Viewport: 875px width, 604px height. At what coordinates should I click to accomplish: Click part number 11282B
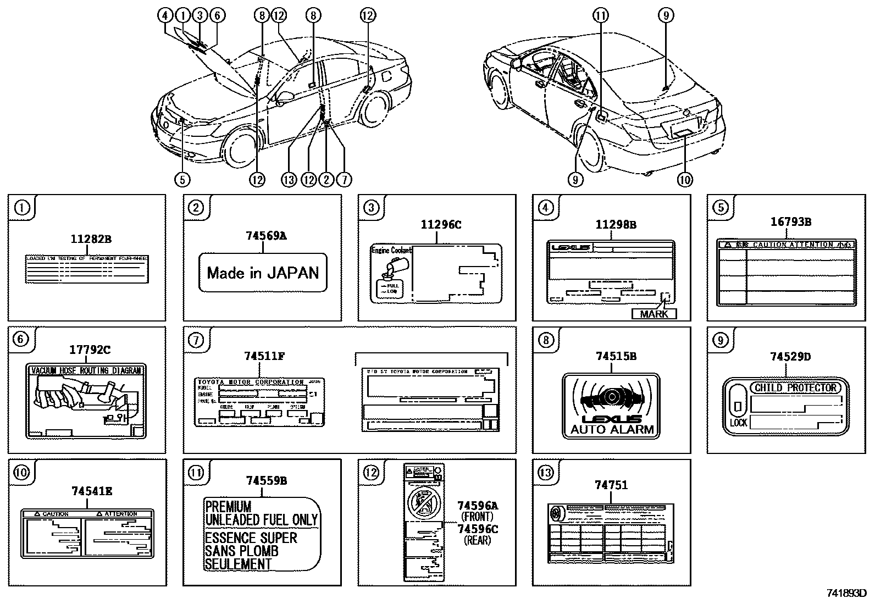[x=91, y=239]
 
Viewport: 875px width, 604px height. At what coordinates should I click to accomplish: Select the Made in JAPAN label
[x=263, y=273]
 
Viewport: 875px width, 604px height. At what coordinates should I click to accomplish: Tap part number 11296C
[x=441, y=225]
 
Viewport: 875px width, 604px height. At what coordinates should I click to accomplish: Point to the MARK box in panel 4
[x=654, y=314]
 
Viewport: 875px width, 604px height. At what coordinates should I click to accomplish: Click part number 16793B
[x=791, y=222]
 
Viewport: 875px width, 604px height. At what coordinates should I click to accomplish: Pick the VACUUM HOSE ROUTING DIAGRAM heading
[x=86, y=370]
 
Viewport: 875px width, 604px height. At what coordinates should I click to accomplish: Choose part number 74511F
[x=264, y=356]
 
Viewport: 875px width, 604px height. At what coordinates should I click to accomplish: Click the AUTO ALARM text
[x=612, y=429]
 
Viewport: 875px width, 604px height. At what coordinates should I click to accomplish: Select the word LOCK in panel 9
[x=738, y=423]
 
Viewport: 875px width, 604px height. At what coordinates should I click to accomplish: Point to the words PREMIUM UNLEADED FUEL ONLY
[x=261, y=513]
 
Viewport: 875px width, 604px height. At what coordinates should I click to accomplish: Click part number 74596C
[x=477, y=529]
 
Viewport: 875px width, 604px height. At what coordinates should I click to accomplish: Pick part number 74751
[x=611, y=485]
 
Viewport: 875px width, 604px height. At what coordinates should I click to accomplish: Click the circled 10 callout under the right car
[x=685, y=179]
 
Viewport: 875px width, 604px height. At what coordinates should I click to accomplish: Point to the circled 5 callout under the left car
[x=182, y=179]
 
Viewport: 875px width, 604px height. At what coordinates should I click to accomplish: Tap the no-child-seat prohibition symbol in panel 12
[x=423, y=503]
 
